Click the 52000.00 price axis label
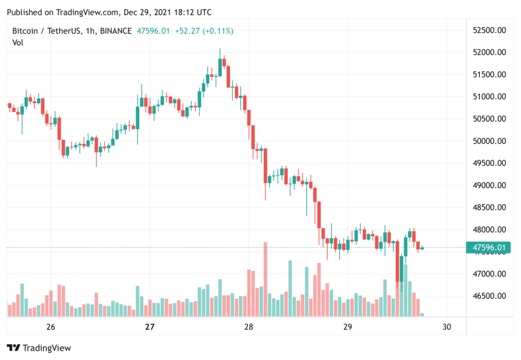point(488,52)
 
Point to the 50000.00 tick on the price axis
point(488,141)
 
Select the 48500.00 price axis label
point(488,207)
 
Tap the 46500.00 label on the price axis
point(488,296)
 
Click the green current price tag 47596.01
point(489,248)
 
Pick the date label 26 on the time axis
point(50,327)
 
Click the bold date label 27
point(150,327)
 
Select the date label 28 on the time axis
point(249,327)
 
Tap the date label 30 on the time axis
point(447,327)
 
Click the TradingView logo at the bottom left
point(39,348)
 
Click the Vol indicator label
point(18,43)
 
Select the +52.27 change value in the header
point(188,31)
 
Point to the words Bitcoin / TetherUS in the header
point(46,31)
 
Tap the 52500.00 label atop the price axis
point(488,31)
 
